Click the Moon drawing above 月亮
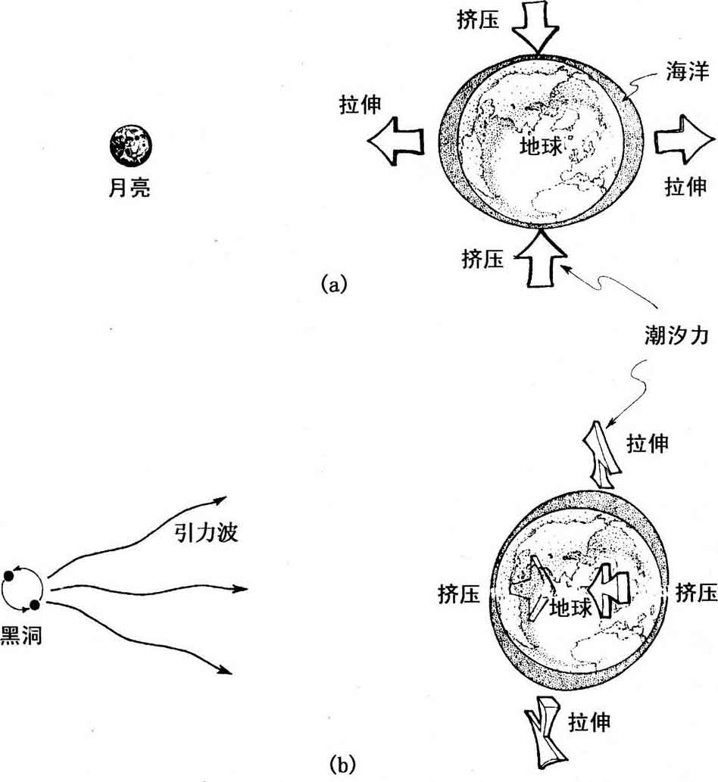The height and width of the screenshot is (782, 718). [x=130, y=145]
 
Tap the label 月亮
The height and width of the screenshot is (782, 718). [x=130, y=187]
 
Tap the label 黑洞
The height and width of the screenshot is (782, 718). [x=21, y=634]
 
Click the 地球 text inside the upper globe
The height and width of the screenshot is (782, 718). [x=541, y=146]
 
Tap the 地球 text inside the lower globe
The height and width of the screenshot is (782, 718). [x=568, y=607]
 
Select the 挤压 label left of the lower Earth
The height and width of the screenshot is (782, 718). [x=459, y=594]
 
